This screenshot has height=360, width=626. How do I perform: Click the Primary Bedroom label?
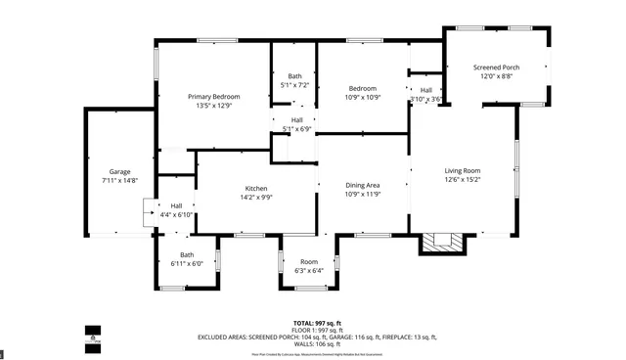click(x=214, y=96)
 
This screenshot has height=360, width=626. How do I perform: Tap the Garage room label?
click(x=119, y=171)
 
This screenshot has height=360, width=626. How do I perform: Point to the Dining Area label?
click(x=362, y=185)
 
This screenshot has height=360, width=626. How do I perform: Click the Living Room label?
click(x=463, y=170)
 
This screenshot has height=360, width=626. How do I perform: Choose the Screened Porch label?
click(x=496, y=67)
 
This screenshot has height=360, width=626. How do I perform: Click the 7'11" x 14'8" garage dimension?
click(x=119, y=180)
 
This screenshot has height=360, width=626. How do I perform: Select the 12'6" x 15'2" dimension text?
click(x=463, y=179)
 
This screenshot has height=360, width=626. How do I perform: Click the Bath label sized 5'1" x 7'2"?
click(x=294, y=76)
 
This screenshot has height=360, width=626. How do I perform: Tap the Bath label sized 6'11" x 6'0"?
click(x=186, y=254)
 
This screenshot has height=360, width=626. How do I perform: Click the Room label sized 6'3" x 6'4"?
click(x=309, y=261)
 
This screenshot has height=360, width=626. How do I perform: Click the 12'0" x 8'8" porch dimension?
click(x=496, y=76)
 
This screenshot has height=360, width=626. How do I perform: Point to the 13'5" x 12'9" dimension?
click(x=214, y=105)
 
